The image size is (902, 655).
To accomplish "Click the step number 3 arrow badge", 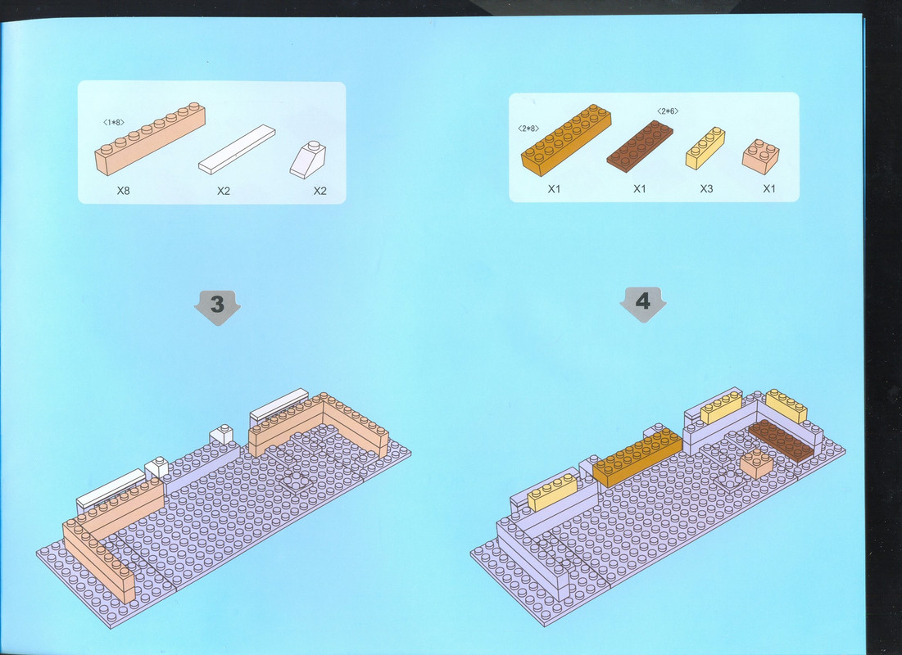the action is (217, 306).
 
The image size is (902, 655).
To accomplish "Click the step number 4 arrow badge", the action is (642, 303).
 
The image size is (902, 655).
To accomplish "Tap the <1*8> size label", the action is (113, 123).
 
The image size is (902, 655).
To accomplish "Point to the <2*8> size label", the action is (528, 129).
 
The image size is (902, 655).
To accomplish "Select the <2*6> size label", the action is (668, 111).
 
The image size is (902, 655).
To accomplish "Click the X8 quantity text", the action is (123, 190).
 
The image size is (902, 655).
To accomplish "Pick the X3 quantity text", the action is (706, 188).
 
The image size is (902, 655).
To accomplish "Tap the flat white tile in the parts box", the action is (237, 149).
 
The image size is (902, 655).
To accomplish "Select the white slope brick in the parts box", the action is (308, 160).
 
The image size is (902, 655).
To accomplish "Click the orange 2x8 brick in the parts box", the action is (566, 140).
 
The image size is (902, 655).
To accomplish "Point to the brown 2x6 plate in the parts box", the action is (640, 146).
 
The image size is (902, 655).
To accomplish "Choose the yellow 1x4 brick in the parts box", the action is (705, 148).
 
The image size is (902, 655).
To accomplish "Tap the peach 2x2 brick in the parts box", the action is (760, 156).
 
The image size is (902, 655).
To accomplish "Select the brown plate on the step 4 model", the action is (782, 440).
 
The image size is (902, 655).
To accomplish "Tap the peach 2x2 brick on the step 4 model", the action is (756, 463).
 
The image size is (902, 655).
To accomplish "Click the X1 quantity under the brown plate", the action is (640, 188).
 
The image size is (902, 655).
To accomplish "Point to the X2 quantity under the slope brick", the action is (320, 191).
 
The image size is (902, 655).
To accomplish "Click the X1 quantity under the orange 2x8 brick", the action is (554, 188).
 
